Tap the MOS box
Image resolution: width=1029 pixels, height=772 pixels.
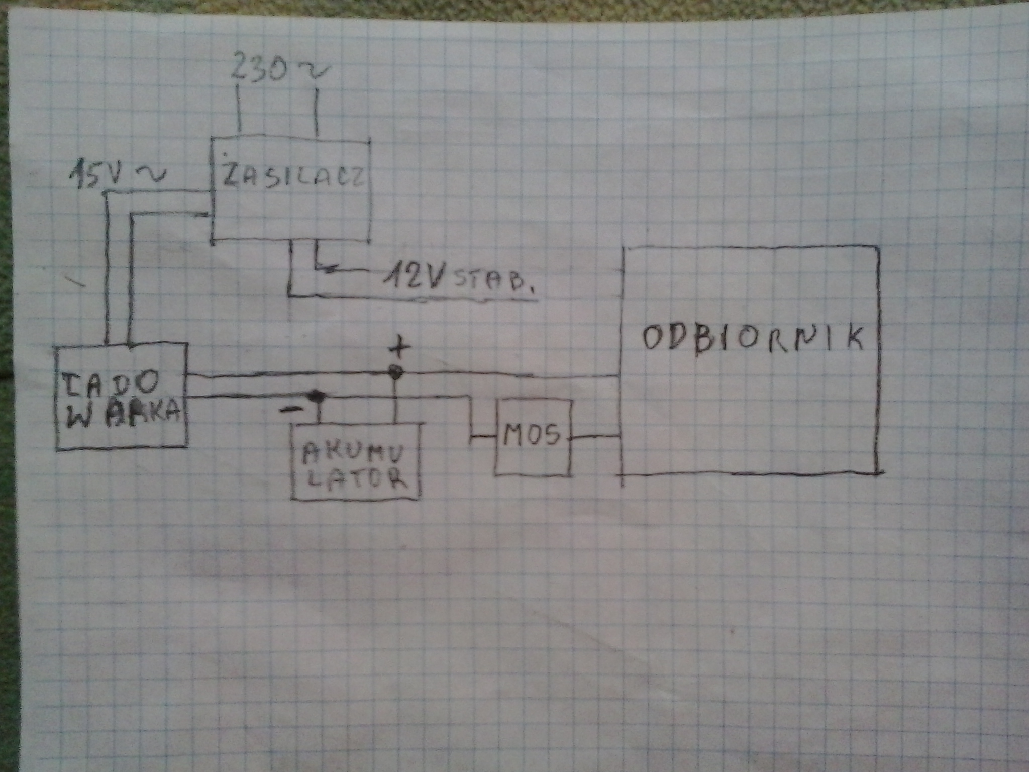click(533, 437)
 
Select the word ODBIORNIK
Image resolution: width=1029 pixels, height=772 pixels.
click(752, 339)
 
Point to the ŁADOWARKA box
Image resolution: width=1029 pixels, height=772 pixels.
click(122, 397)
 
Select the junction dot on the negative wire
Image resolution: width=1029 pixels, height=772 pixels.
click(317, 397)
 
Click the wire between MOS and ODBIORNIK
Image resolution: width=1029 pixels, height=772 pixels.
click(596, 437)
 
